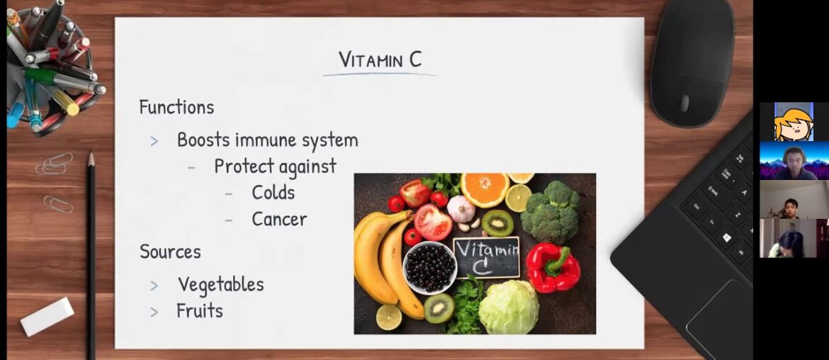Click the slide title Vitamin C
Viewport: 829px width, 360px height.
(x=380, y=60)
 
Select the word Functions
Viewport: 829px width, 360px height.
(x=176, y=107)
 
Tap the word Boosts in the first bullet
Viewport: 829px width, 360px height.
(x=203, y=140)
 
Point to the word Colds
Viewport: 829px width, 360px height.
(x=273, y=193)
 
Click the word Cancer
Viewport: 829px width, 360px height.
(x=279, y=220)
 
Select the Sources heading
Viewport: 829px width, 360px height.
(x=170, y=252)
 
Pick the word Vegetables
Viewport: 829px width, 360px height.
(x=221, y=285)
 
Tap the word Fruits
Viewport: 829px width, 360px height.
(x=200, y=310)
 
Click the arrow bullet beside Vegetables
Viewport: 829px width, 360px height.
(x=154, y=286)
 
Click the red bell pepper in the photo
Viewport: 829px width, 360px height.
(x=552, y=267)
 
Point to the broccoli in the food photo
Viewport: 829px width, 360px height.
(x=552, y=211)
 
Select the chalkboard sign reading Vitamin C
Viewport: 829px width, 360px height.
(x=486, y=257)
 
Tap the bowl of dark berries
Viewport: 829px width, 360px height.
(x=429, y=267)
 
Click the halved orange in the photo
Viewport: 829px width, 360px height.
(x=485, y=189)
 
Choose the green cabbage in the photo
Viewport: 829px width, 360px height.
(x=508, y=307)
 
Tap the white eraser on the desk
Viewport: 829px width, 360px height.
(x=47, y=316)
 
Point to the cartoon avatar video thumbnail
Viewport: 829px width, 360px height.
(x=793, y=122)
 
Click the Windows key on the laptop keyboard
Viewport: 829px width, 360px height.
(x=726, y=238)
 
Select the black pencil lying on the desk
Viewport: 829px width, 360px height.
(x=91, y=255)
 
